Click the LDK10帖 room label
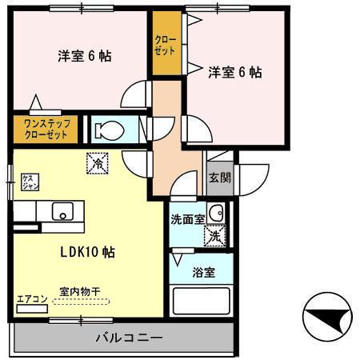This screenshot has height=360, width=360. (88, 252)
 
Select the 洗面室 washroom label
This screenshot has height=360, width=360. (187, 218)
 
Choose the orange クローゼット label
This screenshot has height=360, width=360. (166, 45)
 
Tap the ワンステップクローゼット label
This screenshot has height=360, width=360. (45, 130)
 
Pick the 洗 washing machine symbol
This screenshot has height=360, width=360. (214, 236)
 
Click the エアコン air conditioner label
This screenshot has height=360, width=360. (33, 301)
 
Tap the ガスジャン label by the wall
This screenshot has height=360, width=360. (27, 182)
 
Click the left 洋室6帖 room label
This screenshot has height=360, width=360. (83, 56)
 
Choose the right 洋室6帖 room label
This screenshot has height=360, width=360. (235, 73)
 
